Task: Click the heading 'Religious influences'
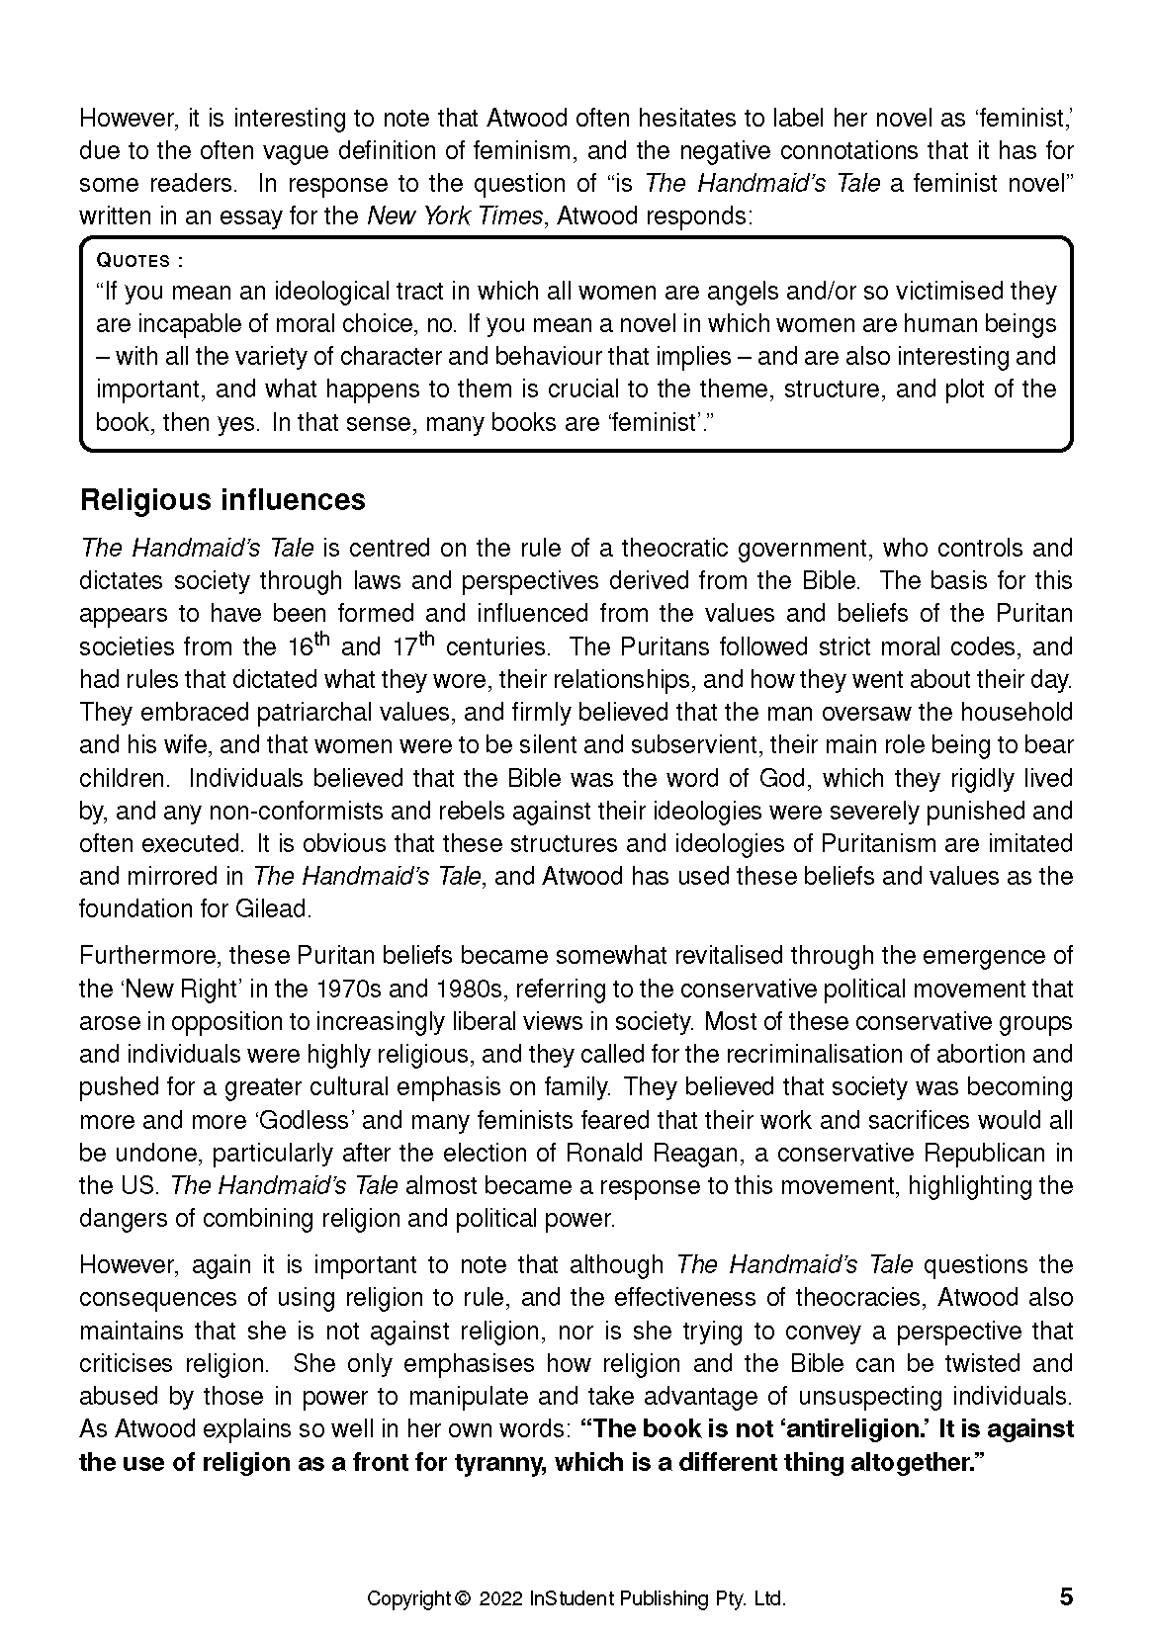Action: click(222, 500)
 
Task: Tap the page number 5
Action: click(1065, 1596)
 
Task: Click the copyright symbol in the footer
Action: click(461, 1598)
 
